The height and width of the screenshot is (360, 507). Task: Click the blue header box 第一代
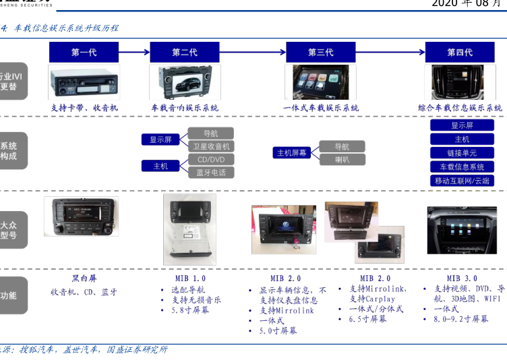[x=84, y=52]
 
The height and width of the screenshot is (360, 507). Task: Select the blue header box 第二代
[x=184, y=52]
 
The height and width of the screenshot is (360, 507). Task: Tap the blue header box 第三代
[x=321, y=52]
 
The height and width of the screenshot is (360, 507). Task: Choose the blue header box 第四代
[x=460, y=52]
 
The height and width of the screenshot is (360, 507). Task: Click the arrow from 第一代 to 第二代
[x=134, y=52]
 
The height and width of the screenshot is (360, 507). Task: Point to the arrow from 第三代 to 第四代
[x=390, y=52]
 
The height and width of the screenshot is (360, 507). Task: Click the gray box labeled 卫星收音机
[x=210, y=146]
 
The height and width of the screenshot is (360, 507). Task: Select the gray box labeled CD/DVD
[x=210, y=160]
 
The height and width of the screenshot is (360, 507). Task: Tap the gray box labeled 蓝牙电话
[x=210, y=173]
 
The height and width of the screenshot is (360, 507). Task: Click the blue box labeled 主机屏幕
[x=292, y=153]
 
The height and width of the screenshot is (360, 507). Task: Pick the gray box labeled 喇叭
[x=342, y=160]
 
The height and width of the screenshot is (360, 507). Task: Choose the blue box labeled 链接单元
[x=462, y=153]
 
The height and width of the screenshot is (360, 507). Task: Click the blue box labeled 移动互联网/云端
[x=462, y=181]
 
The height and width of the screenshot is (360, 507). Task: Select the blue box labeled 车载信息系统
[x=462, y=167]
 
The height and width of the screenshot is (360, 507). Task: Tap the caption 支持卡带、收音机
[x=84, y=108]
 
